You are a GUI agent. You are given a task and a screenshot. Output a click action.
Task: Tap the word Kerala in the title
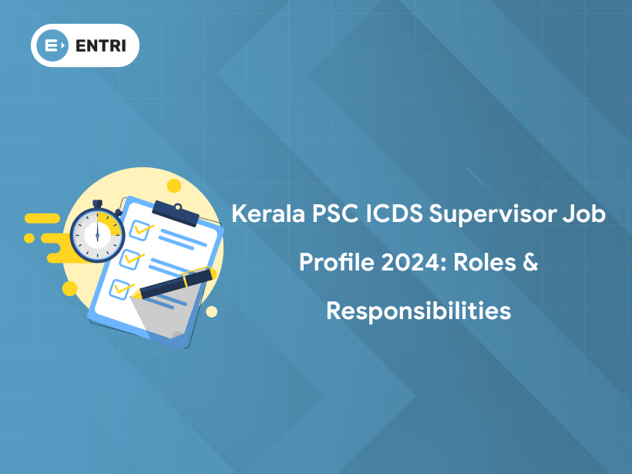(x=267, y=214)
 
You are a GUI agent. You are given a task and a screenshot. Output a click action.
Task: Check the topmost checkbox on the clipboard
(x=139, y=228)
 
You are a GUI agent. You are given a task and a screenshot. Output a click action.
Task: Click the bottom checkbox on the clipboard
(x=120, y=288)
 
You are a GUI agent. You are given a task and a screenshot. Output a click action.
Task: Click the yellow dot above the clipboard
(x=174, y=185)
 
